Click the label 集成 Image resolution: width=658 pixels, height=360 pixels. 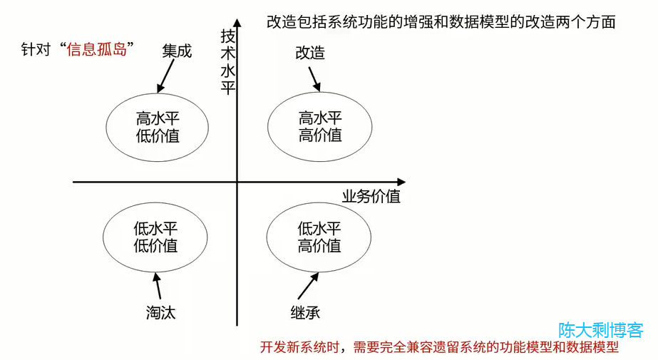pyautogui.click(x=177, y=51)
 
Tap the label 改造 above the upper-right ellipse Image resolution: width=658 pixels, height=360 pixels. pyautogui.click(x=310, y=53)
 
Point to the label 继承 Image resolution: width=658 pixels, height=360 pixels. pyautogui.click(x=304, y=312)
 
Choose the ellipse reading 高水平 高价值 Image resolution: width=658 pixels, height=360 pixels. pyautogui.click(x=319, y=126)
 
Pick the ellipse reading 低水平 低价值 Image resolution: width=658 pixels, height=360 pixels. pyautogui.click(x=155, y=237)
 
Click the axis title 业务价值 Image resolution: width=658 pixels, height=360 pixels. pyautogui.click(x=371, y=196)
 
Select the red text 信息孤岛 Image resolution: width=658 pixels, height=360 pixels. pyautogui.click(x=96, y=51)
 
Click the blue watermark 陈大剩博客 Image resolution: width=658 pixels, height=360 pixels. pyautogui.click(x=600, y=330)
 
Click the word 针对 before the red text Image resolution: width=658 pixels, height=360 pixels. pyautogui.click(x=36, y=51)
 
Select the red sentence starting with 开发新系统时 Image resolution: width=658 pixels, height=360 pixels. pyautogui.click(x=438, y=348)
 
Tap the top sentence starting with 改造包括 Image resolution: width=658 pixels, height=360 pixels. pyautogui.click(x=441, y=22)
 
